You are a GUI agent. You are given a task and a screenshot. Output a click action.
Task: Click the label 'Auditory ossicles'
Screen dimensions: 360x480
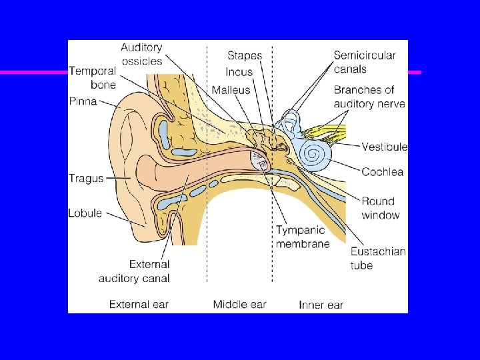[x=141, y=54]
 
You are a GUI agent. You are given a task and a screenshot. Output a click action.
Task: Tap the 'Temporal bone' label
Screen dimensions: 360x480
[x=93, y=77]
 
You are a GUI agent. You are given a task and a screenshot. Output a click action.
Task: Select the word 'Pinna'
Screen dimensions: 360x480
[x=83, y=101]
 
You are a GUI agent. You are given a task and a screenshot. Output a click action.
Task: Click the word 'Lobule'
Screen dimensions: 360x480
[x=85, y=213]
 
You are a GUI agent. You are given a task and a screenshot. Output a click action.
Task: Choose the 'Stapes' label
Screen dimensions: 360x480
[x=245, y=56]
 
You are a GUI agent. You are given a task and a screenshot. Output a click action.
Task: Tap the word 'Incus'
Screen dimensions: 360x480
[x=239, y=72]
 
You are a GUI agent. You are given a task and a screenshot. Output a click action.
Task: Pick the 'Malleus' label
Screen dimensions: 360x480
[x=231, y=90]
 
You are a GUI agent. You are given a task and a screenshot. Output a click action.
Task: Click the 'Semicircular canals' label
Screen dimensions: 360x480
[x=364, y=62]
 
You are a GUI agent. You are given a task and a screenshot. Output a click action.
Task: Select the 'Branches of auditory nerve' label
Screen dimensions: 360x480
[x=369, y=97]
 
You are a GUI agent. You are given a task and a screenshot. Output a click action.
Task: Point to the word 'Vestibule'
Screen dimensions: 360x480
[x=385, y=147]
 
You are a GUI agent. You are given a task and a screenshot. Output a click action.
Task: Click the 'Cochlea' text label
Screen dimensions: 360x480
[x=382, y=172]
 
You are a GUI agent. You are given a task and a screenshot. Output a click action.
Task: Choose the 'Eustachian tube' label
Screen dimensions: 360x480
[x=378, y=258]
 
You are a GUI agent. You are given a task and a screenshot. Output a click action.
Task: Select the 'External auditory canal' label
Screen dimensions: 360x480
[x=134, y=271]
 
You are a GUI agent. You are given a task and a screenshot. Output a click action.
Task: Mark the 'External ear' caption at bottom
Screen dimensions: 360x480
[x=139, y=305]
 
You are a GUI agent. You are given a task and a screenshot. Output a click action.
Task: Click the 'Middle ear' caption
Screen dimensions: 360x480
[x=239, y=305]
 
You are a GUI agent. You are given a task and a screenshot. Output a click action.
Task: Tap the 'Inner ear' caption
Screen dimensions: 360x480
[x=321, y=305]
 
